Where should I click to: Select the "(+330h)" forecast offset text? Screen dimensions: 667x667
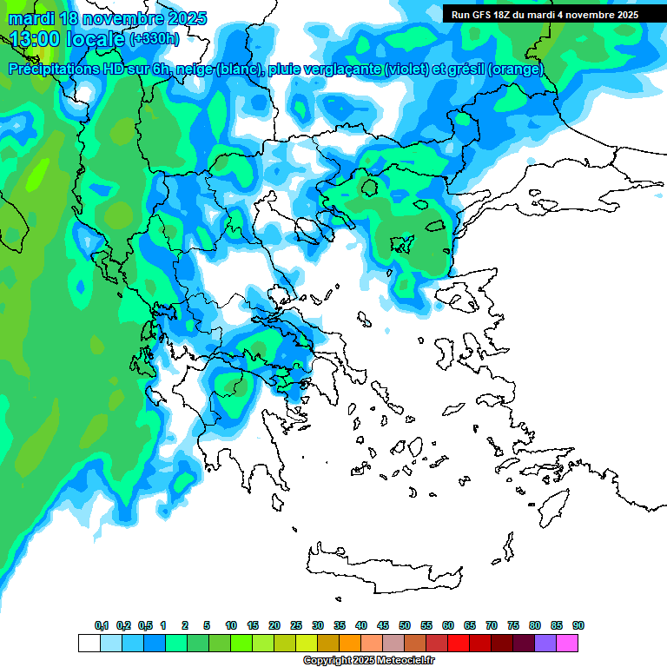(x=155, y=39)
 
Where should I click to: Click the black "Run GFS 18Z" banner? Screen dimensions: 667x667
(x=544, y=14)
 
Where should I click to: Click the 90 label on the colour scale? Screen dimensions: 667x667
(x=578, y=626)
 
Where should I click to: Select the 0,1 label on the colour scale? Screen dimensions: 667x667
(x=102, y=626)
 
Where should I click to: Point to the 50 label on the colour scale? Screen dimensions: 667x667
(x=405, y=626)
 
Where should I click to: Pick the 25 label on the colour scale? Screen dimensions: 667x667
(x=296, y=626)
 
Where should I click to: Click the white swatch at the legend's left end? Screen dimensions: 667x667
(x=89, y=643)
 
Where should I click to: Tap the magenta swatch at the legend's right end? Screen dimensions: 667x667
(x=567, y=643)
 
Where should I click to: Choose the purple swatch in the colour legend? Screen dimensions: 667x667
(x=545, y=643)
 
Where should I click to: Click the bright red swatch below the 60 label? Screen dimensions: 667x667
(x=459, y=643)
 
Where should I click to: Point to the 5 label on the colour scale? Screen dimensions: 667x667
(x=207, y=626)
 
